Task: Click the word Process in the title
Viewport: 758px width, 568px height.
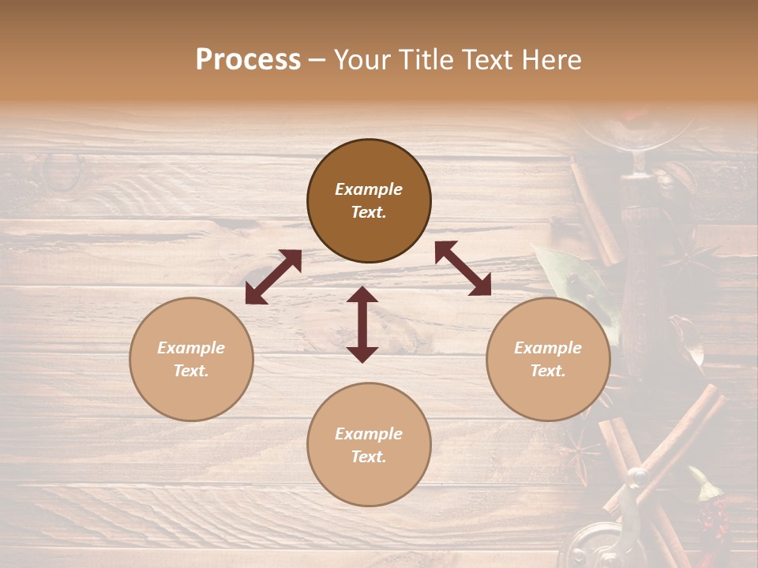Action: pos(248,60)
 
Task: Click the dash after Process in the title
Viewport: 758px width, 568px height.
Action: pos(317,61)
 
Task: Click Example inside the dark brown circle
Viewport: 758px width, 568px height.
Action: pos(369,189)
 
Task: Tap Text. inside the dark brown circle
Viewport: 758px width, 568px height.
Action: pos(369,212)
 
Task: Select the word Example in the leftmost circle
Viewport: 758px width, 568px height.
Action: pos(191,348)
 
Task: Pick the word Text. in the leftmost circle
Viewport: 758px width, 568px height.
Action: pos(191,371)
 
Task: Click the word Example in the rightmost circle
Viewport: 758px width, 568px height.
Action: pos(548,348)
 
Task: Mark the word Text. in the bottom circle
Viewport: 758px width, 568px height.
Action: pos(369,457)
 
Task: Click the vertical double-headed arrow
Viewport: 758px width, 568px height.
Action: pos(362,324)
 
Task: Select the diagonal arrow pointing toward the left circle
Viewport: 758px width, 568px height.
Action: pos(273,277)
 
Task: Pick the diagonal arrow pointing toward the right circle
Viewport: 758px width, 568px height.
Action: pos(463,268)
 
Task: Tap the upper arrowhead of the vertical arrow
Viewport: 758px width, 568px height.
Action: pos(362,295)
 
